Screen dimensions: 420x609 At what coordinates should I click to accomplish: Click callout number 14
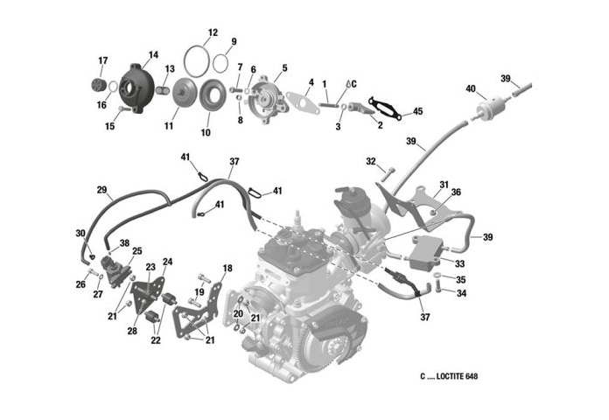coord(153,54)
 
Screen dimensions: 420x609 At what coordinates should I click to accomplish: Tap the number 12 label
coord(211,32)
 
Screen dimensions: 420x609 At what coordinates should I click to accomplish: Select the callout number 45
coord(417,111)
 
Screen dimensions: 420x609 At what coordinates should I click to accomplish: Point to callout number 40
coord(471,88)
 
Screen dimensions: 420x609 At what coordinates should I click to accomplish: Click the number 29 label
coord(101,189)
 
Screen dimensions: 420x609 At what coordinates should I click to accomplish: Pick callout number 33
coord(459,262)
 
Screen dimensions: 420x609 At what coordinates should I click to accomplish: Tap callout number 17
coord(102,60)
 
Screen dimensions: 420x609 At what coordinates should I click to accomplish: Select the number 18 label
coord(227,268)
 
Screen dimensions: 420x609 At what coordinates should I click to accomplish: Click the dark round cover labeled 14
coord(136,86)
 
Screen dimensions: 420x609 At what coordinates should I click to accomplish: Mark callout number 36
coord(456,192)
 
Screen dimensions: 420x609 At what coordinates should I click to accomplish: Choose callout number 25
coord(137,251)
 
